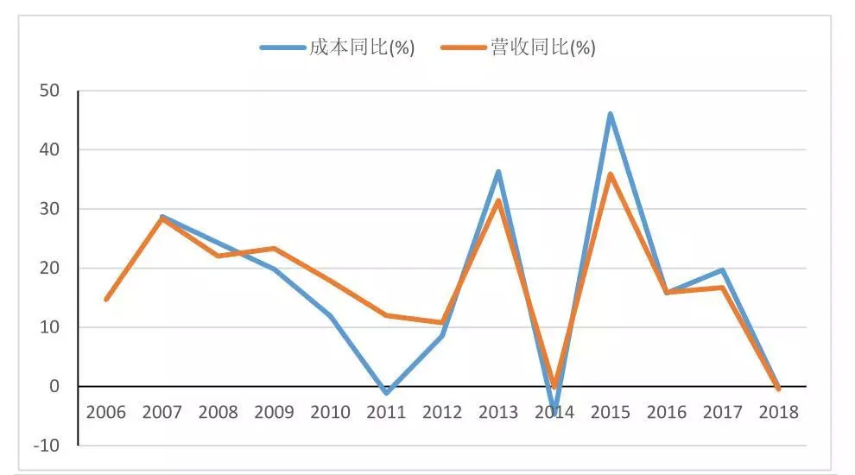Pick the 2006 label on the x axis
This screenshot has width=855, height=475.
click(x=105, y=412)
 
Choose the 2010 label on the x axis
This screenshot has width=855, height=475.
click(x=330, y=412)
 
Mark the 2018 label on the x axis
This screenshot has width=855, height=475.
click(x=778, y=412)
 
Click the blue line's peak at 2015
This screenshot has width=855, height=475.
click(x=611, y=114)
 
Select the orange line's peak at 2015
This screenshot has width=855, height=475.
click(x=611, y=174)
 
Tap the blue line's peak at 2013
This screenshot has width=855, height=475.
click(x=498, y=172)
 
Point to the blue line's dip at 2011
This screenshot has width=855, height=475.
click(x=386, y=393)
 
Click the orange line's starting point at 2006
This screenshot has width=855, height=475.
click(x=105, y=300)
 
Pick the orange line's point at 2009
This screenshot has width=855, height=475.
click(x=274, y=249)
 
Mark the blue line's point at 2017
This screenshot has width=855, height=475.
click(x=722, y=270)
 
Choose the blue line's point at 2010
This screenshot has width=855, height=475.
click(x=330, y=316)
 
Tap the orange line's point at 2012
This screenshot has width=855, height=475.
click(x=442, y=323)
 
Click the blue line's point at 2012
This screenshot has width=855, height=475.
click(x=442, y=335)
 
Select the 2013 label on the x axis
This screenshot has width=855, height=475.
click(x=498, y=412)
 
